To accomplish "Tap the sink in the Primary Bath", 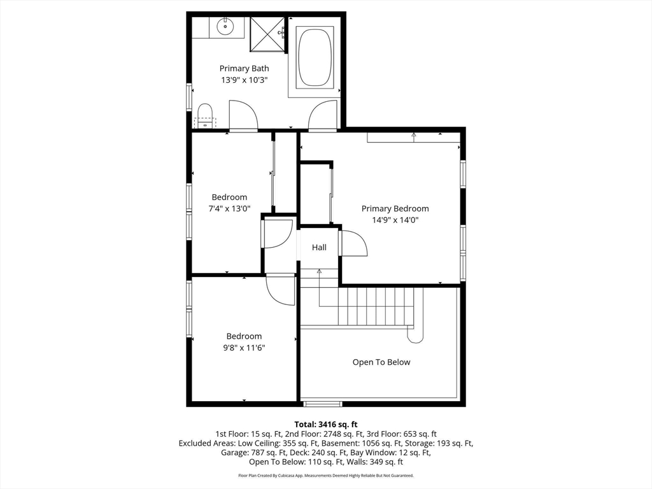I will (x=226, y=27).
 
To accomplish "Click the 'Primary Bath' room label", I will (x=244, y=68).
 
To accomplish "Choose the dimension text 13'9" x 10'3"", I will (x=244, y=80).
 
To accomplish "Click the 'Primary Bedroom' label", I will (x=395, y=208).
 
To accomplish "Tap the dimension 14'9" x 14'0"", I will (x=395, y=220).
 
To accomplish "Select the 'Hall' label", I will (x=319, y=247).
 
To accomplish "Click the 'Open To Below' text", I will (x=381, y=362).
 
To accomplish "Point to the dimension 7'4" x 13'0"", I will (x=229, y=209).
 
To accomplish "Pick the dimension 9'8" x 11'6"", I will (x=244, y=348).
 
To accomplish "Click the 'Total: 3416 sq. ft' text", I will (x=325, y=424).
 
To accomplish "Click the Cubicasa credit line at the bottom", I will (x=325, y=476).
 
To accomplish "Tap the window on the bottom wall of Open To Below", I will (x=322, y=404).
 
